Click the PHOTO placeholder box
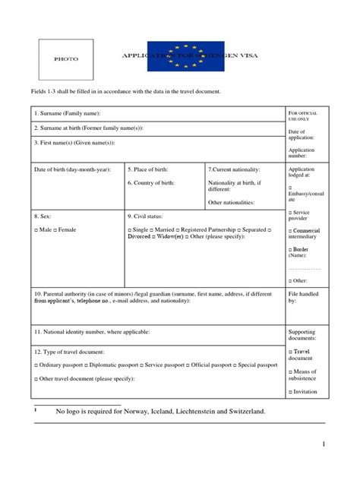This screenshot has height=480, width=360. click(x=66, y=59)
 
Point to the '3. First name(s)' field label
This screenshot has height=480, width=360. click(x=74, y=142)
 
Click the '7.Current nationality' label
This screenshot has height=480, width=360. click(x=234, y=169)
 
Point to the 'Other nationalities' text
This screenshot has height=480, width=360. click(x=231, y=203)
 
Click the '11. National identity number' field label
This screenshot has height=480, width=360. click(x=92, y=332)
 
